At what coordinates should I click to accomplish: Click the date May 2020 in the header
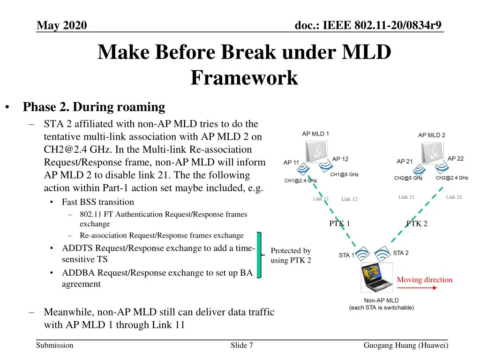[62, 25]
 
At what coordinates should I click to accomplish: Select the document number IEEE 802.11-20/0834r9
[368, 25]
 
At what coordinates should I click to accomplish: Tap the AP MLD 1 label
[315, 134]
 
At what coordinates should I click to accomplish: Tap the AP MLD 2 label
[432, 135]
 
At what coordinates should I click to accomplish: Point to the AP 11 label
[291, 163]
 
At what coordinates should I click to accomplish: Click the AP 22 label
[456, 158]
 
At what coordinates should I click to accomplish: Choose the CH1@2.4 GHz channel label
[300, 180]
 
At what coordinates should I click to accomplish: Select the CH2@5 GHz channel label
[408, 178]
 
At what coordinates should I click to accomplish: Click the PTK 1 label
[339, 224]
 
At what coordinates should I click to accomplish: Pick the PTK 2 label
[417, 224]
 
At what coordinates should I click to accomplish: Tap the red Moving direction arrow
[417, 288]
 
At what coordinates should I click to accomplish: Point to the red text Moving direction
[425, 280]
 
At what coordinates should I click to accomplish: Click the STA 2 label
[401, 253]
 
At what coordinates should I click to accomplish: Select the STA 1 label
[347, 255]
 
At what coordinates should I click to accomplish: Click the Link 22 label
[454, 197]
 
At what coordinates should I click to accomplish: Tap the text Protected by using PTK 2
[291, 255]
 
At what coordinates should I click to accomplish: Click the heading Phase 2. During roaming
[94, 107]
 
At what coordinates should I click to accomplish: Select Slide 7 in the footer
[242, 345]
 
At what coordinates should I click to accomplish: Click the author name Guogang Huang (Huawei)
[406, 345]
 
